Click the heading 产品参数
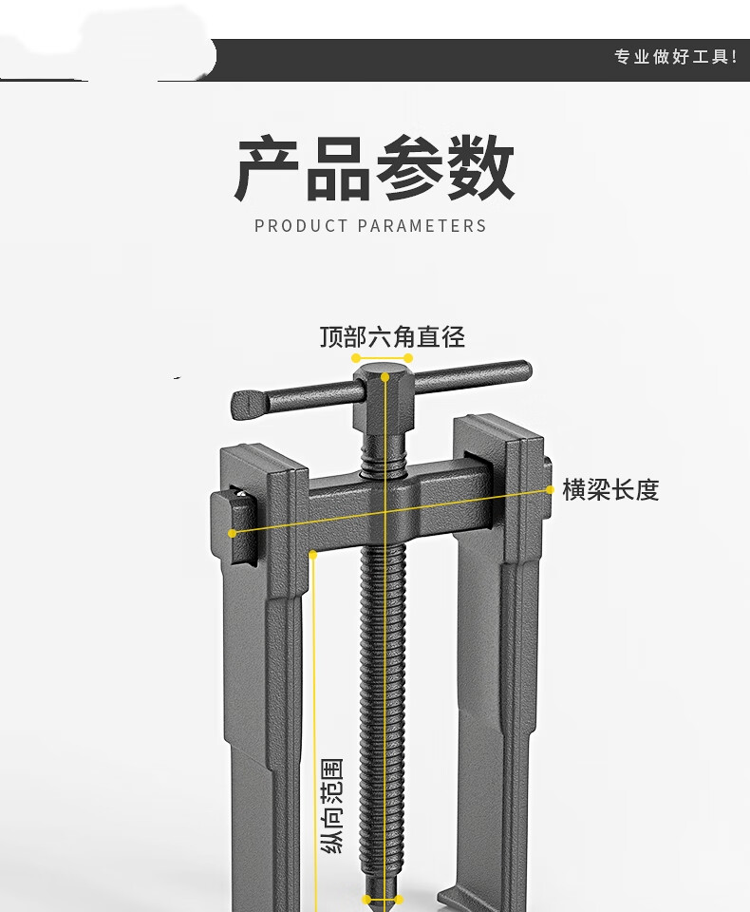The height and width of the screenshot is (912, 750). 374,169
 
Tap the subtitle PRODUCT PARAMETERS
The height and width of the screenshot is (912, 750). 370,226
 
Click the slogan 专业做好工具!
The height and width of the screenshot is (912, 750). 675,57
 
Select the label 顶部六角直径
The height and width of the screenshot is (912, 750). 392,336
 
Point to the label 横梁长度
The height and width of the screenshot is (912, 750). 610,490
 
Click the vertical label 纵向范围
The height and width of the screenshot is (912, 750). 333,806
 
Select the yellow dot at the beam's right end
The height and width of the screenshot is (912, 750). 551,490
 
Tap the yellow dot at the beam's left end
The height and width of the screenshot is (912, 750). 233,533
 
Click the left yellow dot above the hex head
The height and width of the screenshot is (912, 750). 356,358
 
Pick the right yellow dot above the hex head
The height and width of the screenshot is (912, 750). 409,358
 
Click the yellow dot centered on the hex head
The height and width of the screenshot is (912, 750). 385,377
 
